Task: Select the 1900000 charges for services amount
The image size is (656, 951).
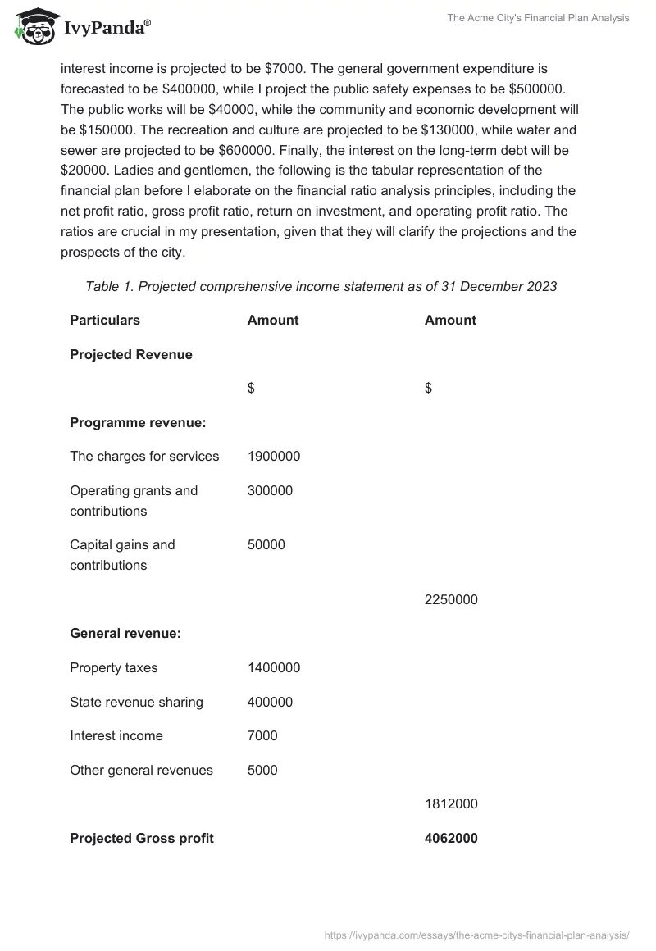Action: coord(274,457)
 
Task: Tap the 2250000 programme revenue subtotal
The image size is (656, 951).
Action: coord(451,599)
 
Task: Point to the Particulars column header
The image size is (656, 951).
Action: coord(105,320)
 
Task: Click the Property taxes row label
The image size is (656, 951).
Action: coord(114,668)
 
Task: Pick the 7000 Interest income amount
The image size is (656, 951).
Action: coord(262,736)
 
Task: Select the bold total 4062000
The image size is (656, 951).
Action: coord(451,838)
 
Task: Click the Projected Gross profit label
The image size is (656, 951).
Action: coord(142,838)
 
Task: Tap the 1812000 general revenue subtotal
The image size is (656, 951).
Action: coord(451,804)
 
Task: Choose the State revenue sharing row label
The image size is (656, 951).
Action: coord(136,703)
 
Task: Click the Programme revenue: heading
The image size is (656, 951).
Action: coord(138,422)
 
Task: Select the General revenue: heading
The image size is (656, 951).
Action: coord(125,634)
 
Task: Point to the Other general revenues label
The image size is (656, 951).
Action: coord(141,771)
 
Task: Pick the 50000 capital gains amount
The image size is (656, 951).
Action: coord(266,545)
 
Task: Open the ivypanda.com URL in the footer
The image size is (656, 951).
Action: coord(477,935)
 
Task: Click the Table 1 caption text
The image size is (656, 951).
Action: coord(321,286)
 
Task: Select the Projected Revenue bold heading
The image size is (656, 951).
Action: coord(131,354)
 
